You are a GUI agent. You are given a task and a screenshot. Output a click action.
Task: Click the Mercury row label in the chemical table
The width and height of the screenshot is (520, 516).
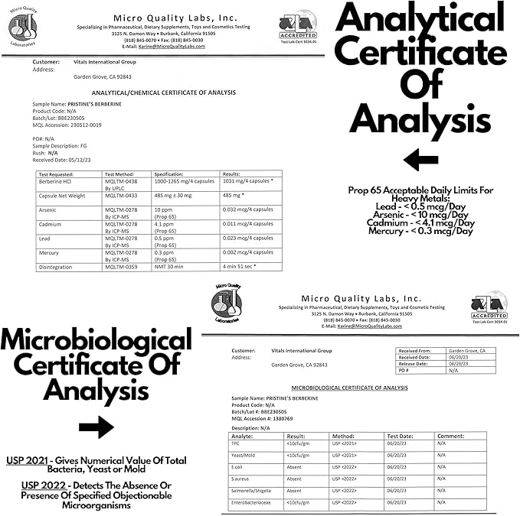[50, 252]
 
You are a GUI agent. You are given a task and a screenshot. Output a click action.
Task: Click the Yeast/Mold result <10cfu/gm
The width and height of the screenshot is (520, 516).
[299, 455]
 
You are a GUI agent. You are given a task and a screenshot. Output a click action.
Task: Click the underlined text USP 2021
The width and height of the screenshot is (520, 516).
[28, 459]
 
